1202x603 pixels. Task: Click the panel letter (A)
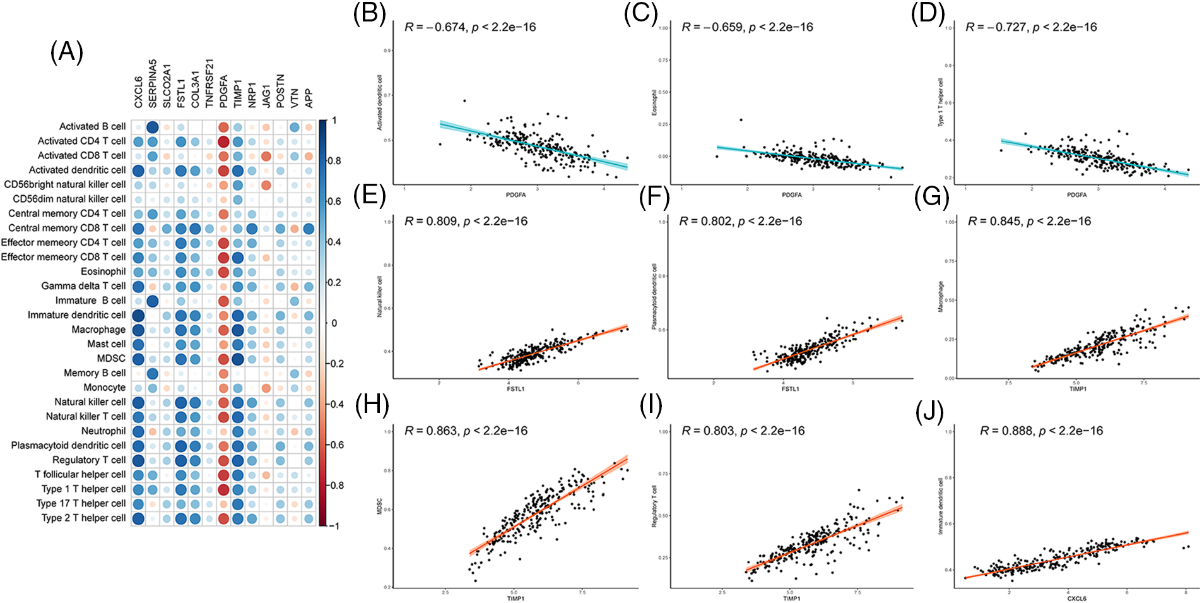click(66, 52)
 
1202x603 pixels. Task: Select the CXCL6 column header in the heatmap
click(138, 92)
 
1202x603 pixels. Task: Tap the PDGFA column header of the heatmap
click(223, 92)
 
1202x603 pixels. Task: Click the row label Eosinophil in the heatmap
click(103, 272)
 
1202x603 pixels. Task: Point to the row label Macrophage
click(98, 330)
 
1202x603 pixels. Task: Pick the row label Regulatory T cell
click(89, 460)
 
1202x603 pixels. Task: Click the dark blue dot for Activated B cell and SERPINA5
click(152, 127)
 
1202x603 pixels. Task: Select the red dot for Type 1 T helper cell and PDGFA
click(223, 489)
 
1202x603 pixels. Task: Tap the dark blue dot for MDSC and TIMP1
click(238, 359)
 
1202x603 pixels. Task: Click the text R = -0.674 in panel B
click(435, 27)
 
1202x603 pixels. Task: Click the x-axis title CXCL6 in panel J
click(1076, 598)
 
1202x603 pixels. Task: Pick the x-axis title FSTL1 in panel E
click(516, 389)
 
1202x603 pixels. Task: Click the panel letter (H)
click(372, 405)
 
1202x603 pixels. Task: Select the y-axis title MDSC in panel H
click(380, 506)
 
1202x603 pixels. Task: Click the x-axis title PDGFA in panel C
click(791, 195)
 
